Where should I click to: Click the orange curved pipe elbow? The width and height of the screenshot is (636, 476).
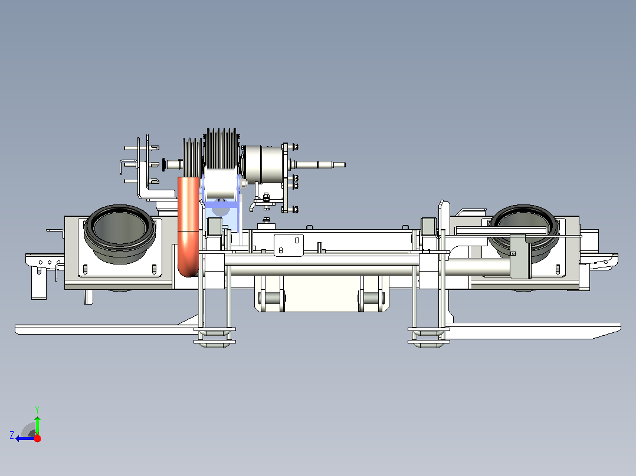pos(188,227)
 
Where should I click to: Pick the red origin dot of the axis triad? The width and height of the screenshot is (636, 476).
pos(37,438)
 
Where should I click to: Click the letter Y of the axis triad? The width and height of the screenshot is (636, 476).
pos(37,409)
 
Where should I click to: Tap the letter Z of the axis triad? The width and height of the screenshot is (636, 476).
pos(12,435)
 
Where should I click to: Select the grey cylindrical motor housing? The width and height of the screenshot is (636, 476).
pos(264,164)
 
